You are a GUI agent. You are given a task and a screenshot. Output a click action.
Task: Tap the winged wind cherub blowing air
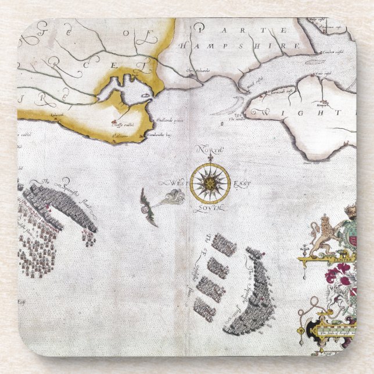[x=149, y=206]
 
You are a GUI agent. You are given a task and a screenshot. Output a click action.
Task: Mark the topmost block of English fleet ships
[x=223, y=244]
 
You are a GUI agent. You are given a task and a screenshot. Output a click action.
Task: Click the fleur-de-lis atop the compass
[x=210, y=157]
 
